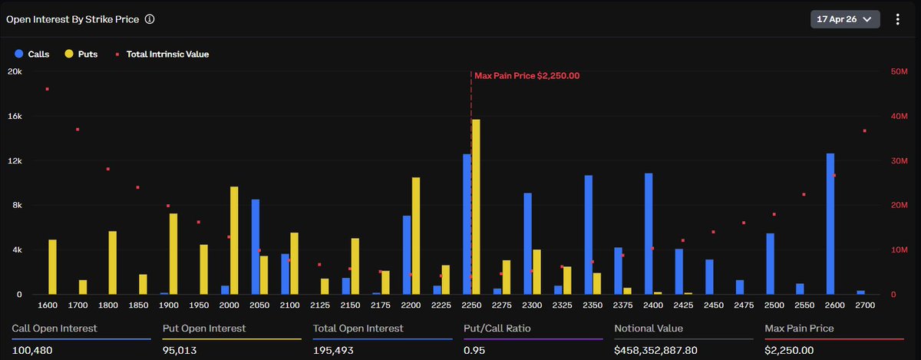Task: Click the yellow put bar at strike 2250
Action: pos(476,207)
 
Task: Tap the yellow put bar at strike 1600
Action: pos(52,267)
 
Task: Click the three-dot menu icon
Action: pos(897,19)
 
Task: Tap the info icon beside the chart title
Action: pos(150,19)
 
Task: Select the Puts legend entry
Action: pos(81,54)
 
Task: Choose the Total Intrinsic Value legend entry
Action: pos(162,54)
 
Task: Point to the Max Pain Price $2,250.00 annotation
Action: pos(527,75)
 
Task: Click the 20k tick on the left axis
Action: pos(15,71)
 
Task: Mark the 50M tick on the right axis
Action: pos(899,71)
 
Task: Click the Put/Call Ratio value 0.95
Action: pos(475,350)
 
